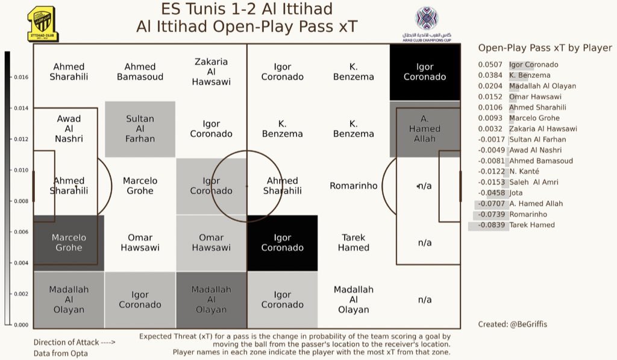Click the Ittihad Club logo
[43, 24]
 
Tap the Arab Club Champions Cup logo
[427, 24]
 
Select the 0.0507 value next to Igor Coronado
[490, 65]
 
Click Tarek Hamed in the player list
[533, 225]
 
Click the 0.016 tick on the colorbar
[20, 78]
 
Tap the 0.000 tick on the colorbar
[20, 325]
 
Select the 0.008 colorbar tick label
[20, 201]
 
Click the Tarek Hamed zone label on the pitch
[354, 242]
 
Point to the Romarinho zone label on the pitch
[354, 186]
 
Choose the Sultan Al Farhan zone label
[140, 128]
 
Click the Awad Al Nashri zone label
[69, 128]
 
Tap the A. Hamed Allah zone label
[425, 128]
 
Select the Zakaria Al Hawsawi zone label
[211, 72]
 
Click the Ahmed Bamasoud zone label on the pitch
[140, 72]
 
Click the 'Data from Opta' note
[60, 353]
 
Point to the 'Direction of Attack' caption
[74, 342]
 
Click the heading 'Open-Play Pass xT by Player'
[545, 48]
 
